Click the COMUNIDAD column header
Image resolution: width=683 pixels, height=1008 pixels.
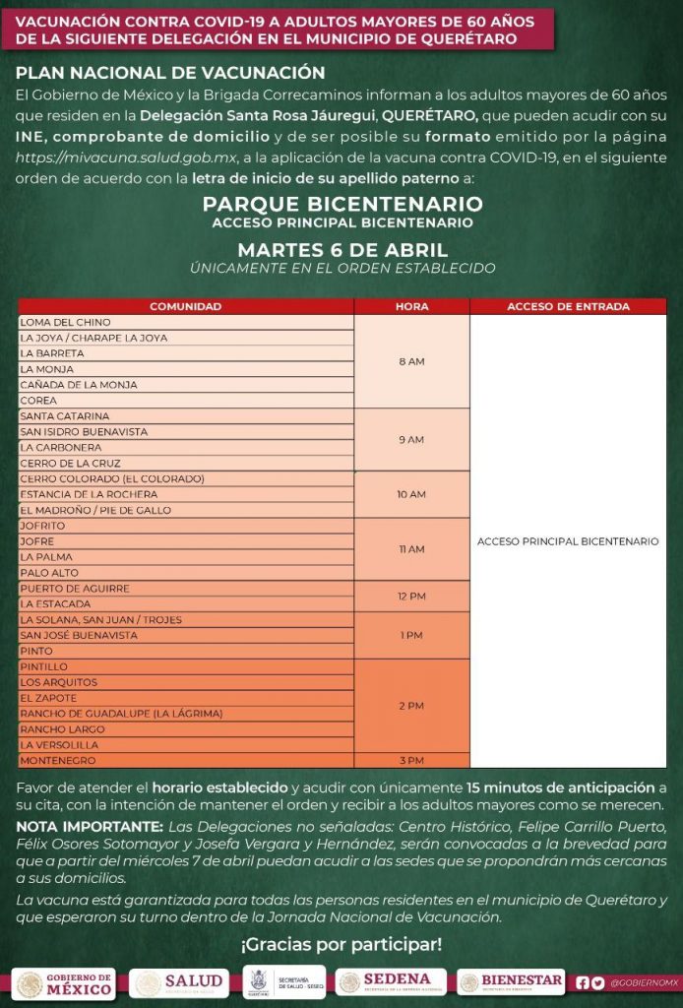pyautogui.click(x=186, y=306)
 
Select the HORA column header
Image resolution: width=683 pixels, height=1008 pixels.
pyautogui.click(x=411, y=306)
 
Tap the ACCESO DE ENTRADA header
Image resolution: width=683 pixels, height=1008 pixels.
pyautogui.click(x=568, y=306)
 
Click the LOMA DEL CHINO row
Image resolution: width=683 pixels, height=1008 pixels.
pyautogui.click(x=186, y=322)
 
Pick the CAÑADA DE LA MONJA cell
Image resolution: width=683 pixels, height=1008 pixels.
pyautogui.click(x=186, y=385)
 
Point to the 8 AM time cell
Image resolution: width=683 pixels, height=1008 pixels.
pyautogui.click(x=411, y=361)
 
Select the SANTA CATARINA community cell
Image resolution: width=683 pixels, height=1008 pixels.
pyautogui.click(x=186, y=416)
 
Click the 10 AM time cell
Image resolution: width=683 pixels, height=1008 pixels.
pyautogui.click(x=411, y=494)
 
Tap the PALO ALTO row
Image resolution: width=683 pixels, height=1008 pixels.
pyautogui.click(x=186, y=572)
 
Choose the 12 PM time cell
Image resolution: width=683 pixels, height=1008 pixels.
pyautogui.click(x=411, y=597)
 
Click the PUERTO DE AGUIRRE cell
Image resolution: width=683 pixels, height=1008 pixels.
pyautogui.click(x=186, y=589)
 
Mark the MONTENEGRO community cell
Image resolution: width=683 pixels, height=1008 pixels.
pyautogui.click(x=186, y=761)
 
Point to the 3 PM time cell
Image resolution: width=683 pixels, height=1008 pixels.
pyautogui.click(x=411, y=761)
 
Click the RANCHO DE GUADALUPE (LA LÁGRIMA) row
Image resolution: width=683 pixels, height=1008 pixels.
pyautogui.click(x=186, y=714)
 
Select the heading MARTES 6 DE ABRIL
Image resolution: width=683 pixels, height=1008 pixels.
pyautogui.click(x=341, y=249)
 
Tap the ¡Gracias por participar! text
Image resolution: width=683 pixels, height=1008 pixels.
pyautogui.click(x=341, y=945)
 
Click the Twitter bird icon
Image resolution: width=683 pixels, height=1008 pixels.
pyautogui.click(x=598, y=982)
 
